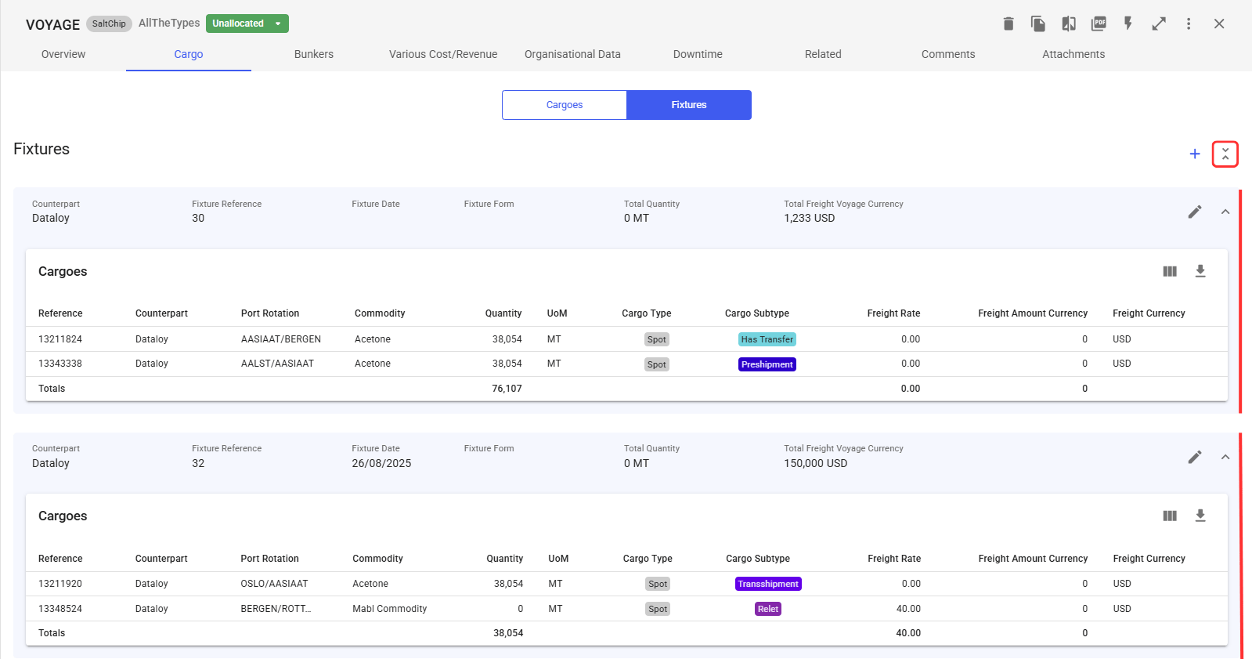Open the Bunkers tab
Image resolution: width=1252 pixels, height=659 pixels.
coord(313,54)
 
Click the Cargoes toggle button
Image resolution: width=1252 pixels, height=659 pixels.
coord(564,105)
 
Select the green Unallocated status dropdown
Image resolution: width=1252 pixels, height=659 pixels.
coord(247,24)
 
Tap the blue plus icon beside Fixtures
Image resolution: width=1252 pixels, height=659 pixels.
coord(1194,154)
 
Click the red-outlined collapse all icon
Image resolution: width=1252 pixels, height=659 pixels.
coord(1225,154)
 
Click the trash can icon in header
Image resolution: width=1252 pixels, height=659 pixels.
coord(1008,24)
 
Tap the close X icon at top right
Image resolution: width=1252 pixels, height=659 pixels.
coord(1219,24)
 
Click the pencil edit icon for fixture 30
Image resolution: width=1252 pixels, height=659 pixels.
coord(1194,212)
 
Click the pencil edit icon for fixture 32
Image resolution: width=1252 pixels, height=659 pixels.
coord(1194,457)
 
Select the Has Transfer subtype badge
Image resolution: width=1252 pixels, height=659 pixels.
coord(767,339)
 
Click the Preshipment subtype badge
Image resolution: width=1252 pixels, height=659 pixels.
coord(767,364)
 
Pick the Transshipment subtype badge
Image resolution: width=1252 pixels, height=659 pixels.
coord(768,584)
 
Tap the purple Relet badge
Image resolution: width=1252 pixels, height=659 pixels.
coord(768,609)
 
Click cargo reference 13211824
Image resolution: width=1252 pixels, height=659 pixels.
coord(60,339)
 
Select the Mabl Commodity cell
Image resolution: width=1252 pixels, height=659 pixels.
coord(390,609)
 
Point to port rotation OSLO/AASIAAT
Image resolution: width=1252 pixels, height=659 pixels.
coord(274,584)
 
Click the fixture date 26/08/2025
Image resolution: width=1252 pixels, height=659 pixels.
coord(381,463)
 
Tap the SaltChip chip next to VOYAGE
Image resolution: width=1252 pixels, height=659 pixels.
coord(109,24)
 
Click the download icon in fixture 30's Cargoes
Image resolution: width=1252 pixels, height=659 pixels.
coord(1200,271)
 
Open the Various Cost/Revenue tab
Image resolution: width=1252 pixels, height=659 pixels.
coord(443,54)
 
